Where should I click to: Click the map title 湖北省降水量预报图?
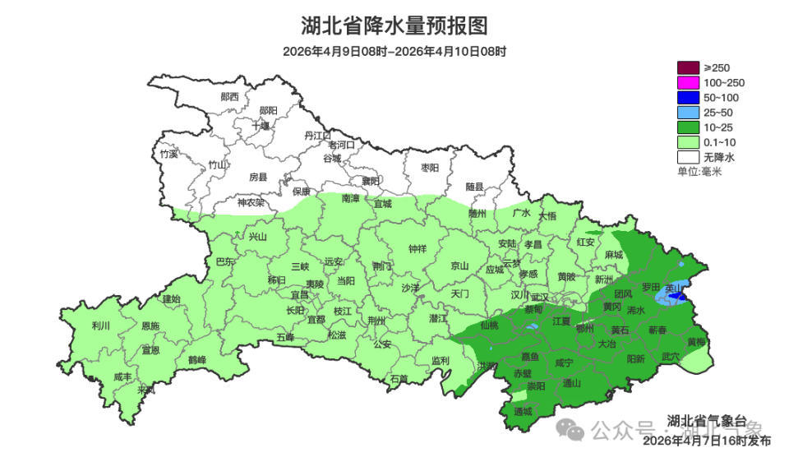pos(394,26)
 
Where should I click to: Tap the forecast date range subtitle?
pos(394,51)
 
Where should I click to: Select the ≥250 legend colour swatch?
pos(687,67)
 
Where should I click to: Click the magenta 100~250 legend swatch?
pos(687,82)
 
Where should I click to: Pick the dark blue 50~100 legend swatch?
pos(687,97)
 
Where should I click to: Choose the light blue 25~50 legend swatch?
pos(687,112)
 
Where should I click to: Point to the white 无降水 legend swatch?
pos(687,156)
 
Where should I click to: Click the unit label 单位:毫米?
pos(699,171)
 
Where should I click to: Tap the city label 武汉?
pos(540,297)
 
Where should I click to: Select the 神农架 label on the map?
pos(251,202)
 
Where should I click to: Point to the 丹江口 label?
pos(316,135)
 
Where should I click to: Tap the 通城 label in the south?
pos(523,411)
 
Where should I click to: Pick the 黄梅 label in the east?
pos(696,341)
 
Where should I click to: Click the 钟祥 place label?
pos(418,249)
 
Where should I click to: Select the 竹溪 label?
pos(168,154)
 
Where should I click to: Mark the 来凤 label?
pos(145,390)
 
